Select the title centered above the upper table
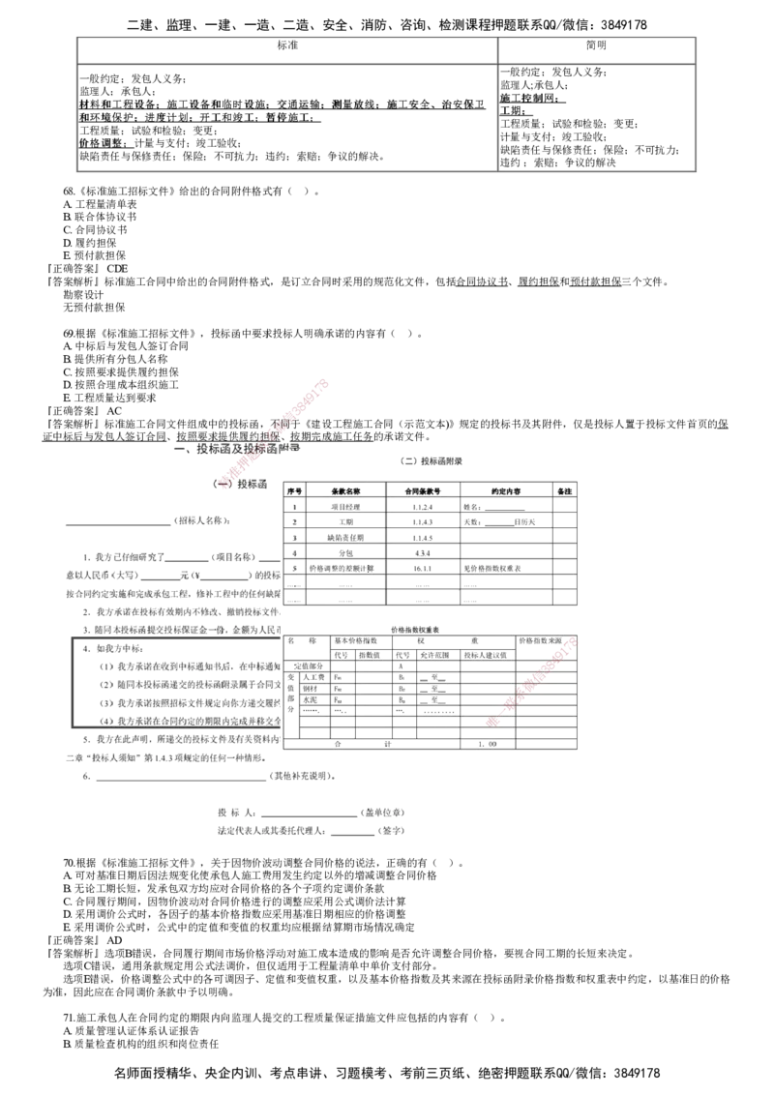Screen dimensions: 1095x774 (x=431, y=463)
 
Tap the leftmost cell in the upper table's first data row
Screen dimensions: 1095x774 (x=293, y=506)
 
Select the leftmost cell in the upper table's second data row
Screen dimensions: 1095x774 (x=293, y=521)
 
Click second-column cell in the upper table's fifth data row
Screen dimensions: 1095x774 (x=344, y=568)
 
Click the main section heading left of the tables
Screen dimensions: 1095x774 (x=236, y=449)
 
